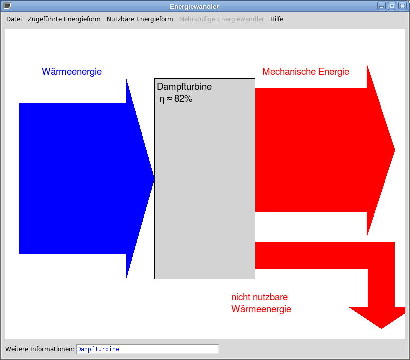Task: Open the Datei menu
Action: click(x=14, y=19)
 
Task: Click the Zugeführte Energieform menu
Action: click(x=64, y=19)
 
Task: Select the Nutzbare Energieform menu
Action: click(x=140, y=19)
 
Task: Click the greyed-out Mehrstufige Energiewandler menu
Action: click(x=222, y=19)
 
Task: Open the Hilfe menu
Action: click(x=276, y=19)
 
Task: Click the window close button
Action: click(x=402, y=6)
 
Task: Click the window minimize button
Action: click(x=382, y=6)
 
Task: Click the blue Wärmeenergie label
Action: click(x=72, y=72)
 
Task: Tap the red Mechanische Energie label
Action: click(x=305, y=72)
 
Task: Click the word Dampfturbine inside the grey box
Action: click(x=184, y=87)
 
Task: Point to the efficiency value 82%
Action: click(x=183, y=99)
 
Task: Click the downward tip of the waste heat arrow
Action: click(x=381, y=324)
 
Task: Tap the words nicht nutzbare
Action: click(x=259, y=297)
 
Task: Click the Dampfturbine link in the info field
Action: click(x=98, y=349)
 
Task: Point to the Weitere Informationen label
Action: click(x=40, y=349)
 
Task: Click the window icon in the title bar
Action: click(x=7, y=6)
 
